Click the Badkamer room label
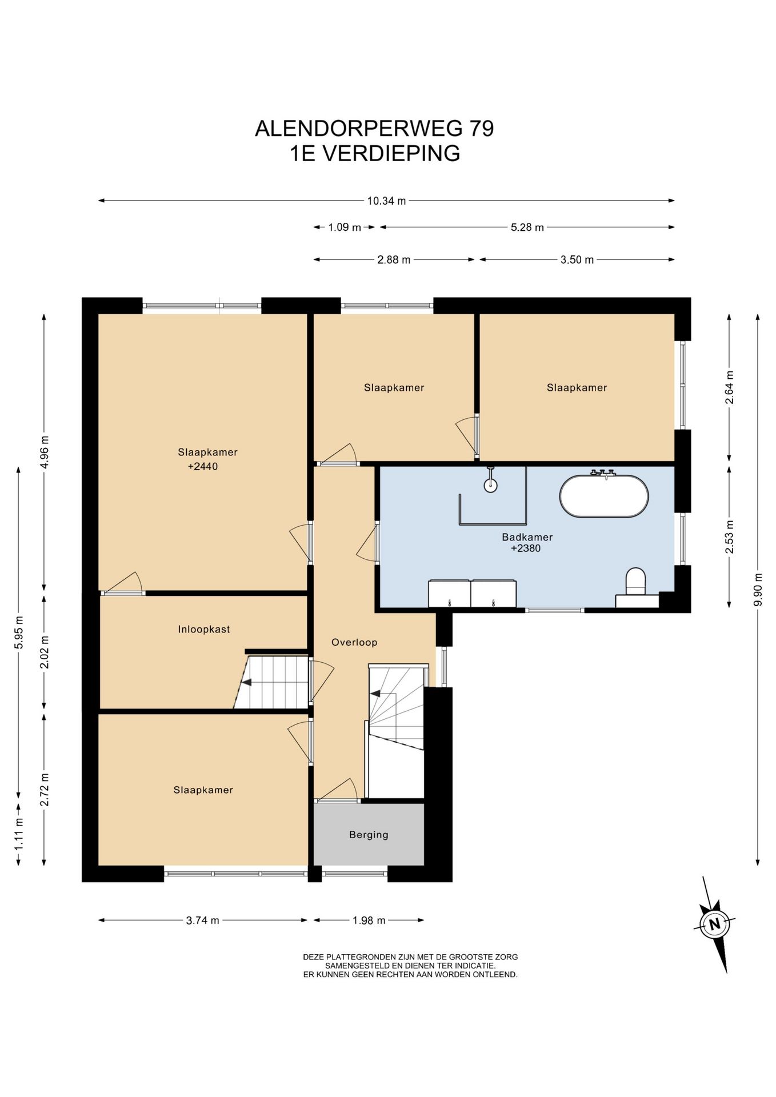click(527, 537)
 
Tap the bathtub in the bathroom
click(604, 495)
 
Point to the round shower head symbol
click(490, 485)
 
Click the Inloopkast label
click(204, 629)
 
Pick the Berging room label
click(369, 835)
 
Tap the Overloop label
click(354, 642)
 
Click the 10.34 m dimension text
click(387, 201)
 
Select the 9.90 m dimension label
click(758, 590)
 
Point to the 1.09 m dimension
click(345, 227)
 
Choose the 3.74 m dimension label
click(203, 920)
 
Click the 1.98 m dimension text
click(369, 920)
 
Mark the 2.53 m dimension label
click(729, 537)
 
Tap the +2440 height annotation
click(202, 466)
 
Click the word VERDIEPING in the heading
click(391, 154)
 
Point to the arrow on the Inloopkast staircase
click(247, 682)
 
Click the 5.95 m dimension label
click(18, 632)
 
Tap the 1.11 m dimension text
click(18, 834)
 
